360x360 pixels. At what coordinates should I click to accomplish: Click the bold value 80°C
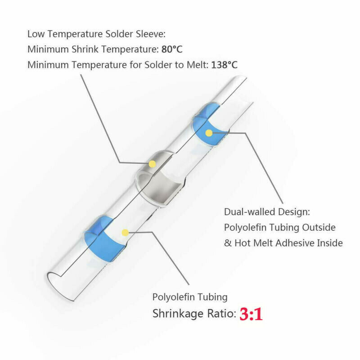click(x=171, y=49)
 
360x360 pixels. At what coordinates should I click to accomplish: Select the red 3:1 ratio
click(x=251, y=314)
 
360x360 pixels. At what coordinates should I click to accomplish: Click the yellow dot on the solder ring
click(x=152, y=164)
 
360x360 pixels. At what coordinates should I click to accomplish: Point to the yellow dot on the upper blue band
click(x=208, y=133)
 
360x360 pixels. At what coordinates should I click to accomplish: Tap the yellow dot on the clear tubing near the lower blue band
click(x=125, y=232)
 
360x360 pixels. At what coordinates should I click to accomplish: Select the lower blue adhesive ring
click(x=101, y=241)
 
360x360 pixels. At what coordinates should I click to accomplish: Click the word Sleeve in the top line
click(x=152, y=34)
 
